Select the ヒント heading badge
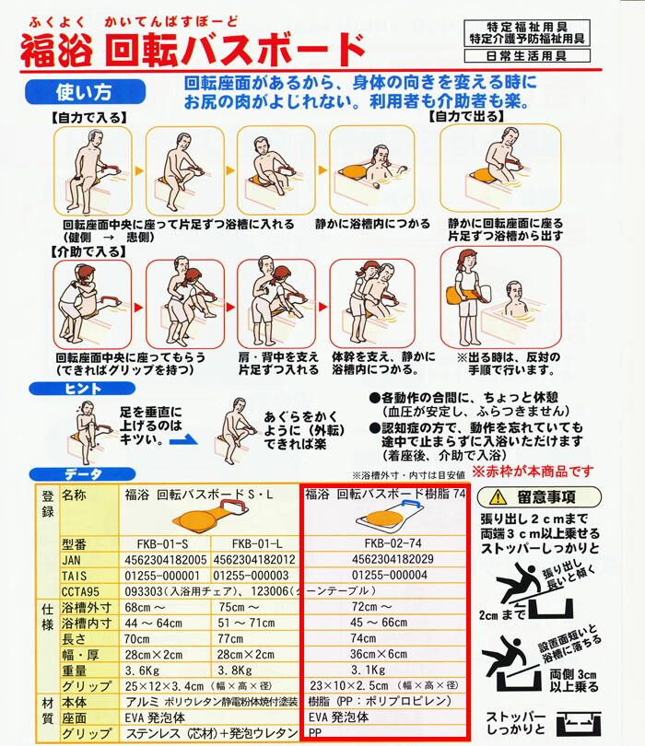point(82,390)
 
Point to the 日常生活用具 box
point(526,56)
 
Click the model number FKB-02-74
point(386,543)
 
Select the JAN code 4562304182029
point(386,559)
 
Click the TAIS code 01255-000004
point(386,575)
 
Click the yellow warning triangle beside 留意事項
point(498,496)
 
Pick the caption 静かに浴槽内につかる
point(374,224)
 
